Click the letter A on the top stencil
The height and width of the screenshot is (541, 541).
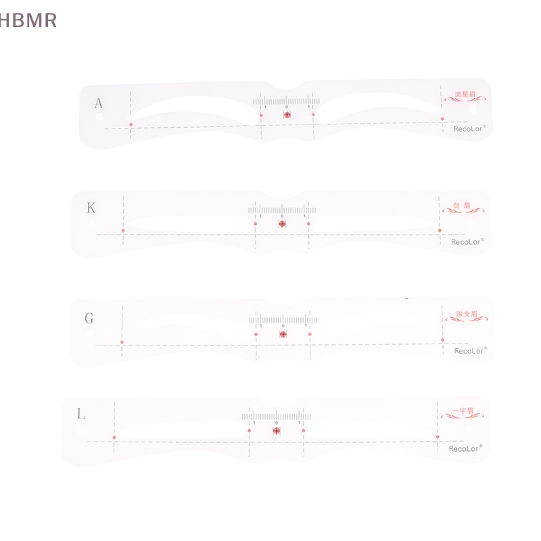99,103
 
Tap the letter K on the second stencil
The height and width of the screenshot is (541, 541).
91,208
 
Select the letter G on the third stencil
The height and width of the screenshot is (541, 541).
89,318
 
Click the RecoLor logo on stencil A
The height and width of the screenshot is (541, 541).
469,128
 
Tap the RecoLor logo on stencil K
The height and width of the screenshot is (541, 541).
467,241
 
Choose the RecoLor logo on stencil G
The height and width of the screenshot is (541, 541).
470,350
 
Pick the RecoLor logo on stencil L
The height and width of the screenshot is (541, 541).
465,448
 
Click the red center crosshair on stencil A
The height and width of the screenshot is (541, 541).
287,115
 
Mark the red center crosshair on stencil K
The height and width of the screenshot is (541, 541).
282,222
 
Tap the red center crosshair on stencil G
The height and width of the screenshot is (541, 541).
283,333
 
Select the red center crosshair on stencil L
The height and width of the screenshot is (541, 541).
277,430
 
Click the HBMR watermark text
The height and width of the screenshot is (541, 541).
28,20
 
